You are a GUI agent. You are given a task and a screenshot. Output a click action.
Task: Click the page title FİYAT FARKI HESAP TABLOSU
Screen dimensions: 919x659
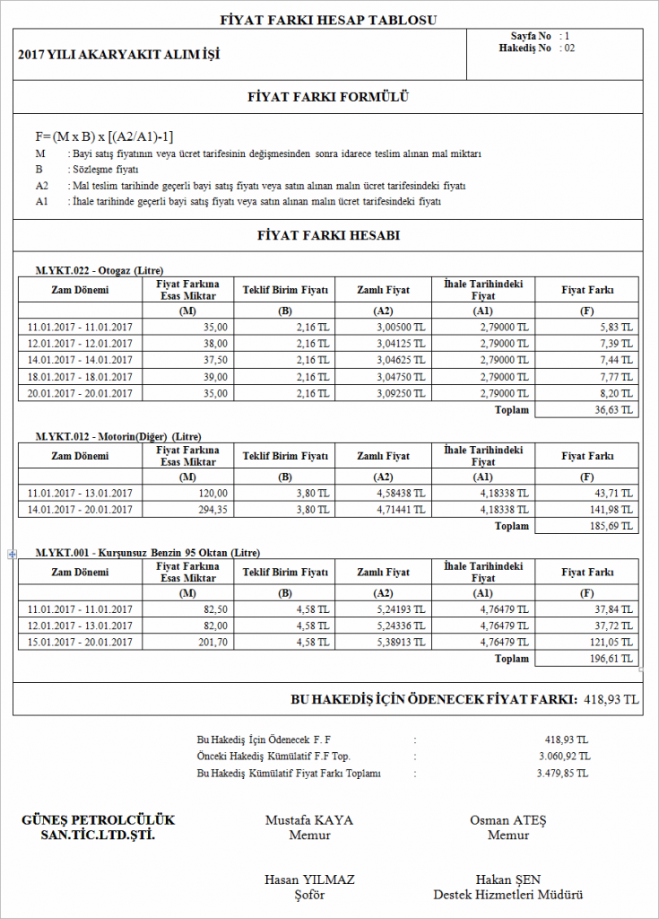pyautogui.click(x=329, y=20)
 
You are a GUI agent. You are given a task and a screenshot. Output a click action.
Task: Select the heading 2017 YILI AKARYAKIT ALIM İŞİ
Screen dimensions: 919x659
pyautogui.click(x=118, y=55)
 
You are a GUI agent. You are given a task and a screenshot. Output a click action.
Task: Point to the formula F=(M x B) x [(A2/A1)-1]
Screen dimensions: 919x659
pyautogui.click(x=105, y=136)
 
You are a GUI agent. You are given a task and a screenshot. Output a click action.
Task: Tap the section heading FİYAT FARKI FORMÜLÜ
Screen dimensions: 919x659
pyautogui.click(x=328, y=98)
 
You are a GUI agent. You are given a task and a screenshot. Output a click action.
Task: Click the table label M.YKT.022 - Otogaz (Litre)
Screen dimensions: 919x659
pyautogui.click(x=99, y=269)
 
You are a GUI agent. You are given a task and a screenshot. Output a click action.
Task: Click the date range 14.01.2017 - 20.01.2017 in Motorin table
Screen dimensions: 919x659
pyautogui.click(x=80, y=510)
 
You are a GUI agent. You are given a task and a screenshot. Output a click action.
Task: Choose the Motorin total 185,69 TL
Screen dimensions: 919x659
pyautogui.click(x=612, y=526)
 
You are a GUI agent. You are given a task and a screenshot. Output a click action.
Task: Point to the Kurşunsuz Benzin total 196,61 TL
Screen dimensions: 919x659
pyautogui.click(x=612, y=659)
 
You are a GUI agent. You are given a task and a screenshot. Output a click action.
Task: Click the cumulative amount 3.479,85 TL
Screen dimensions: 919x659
pyautogui.click(x=562, y=774)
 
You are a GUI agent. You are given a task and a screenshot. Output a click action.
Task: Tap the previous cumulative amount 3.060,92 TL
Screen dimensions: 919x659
pyautogui.click(x=562, y=757)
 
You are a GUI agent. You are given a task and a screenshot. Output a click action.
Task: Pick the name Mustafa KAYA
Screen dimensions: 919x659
pyautogui.click(x=309, y=820)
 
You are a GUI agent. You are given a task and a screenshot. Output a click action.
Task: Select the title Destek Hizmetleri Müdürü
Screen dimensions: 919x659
pyautogui.click(x=508, y=895)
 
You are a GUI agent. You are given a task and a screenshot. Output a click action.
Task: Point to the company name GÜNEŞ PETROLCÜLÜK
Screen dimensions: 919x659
pyautogui.click(x=98, y=820)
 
